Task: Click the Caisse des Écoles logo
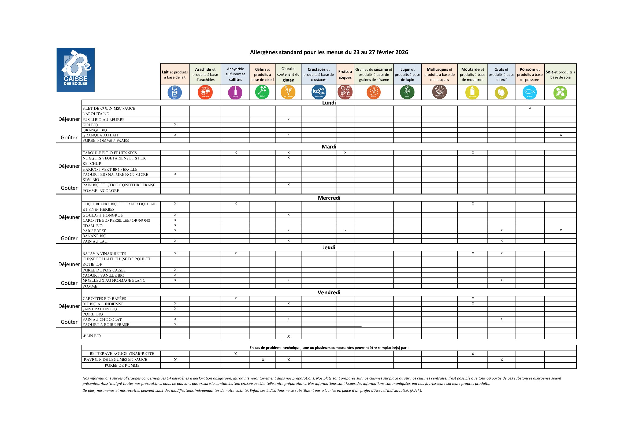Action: click(x=75, y=70)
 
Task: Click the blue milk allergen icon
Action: click(x=175, y=92)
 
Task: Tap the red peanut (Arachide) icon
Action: click(x=205, y=92)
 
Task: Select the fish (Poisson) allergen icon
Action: click(x=529, y=92)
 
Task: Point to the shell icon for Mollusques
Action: click(x=439, y=92)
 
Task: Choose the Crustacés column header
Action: click(x=318, y=74)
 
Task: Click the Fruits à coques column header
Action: click(x=345, y=74)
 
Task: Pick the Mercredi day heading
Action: click(x=329, y=198)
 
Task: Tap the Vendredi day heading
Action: click(x=329, y=292)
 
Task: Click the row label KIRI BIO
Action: click(x=90, y=125)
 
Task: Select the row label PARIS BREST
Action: click(x=94, y=231)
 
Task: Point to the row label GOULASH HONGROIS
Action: click(x=103, y=215)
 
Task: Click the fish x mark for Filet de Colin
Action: click(x=530, y=108)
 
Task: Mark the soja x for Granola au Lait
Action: click(x=561, y=135)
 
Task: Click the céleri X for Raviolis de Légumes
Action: click(x=263, y=360)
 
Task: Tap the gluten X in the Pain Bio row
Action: click(x=288, y=336)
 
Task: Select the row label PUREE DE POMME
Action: click(x=122, y=366)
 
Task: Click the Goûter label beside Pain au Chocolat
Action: click(x=69, y=322)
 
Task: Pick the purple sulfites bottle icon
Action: click(x=235, y=92)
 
